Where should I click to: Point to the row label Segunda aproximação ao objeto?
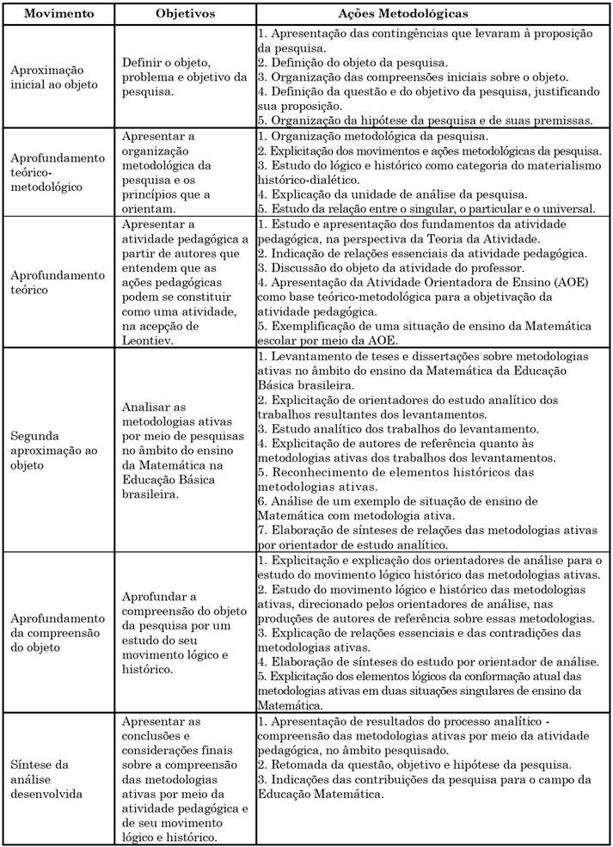(54, 449)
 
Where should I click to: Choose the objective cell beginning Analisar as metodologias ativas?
(184, 448)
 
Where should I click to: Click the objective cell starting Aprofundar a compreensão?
(184, 632)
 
